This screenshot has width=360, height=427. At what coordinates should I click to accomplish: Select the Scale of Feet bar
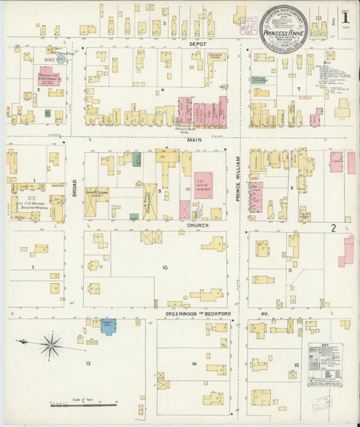click(84, 405)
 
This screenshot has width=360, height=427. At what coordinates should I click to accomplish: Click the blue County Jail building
click(109, 326)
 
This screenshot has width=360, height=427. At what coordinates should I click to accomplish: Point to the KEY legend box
click(325, 367)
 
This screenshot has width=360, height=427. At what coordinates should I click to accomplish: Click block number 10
click(164, 267)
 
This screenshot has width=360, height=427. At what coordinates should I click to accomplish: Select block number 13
click(88, 363)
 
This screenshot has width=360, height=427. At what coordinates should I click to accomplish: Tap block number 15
click(295, 365)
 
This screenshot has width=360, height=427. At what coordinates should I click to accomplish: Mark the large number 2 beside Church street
click(333, 229)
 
